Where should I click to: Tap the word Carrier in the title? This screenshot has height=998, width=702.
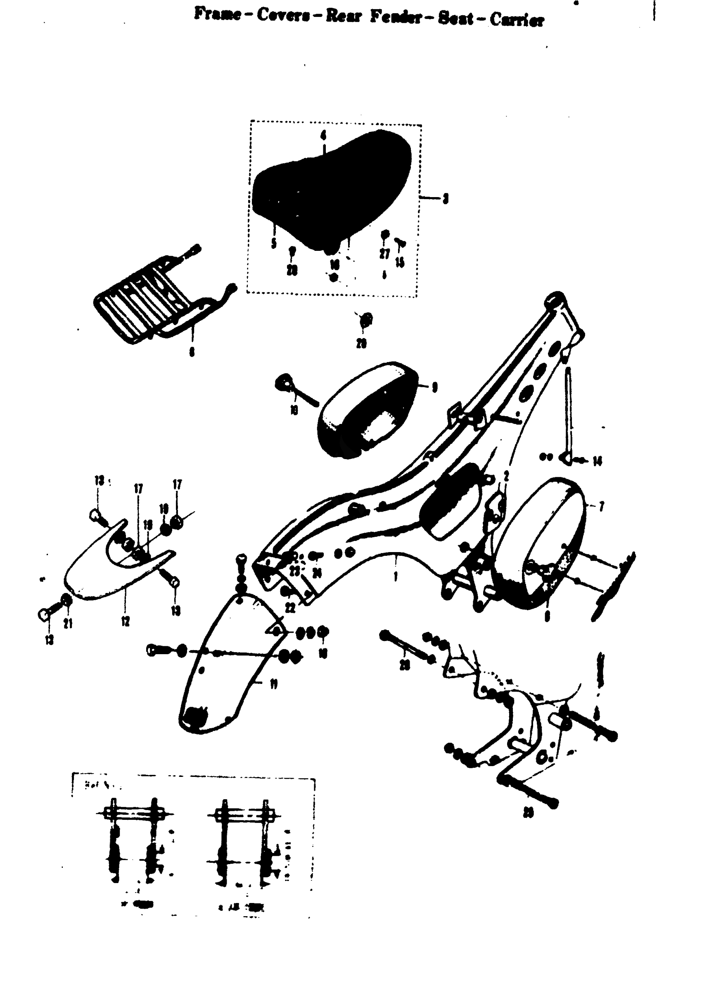coord(517,20)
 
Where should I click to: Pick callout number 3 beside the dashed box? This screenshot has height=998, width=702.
coord(445,199)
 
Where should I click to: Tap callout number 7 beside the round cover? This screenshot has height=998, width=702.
coord(601,506)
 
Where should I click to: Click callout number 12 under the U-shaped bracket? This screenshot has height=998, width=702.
coord(126,622)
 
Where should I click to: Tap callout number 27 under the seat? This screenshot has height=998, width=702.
coord(384,253)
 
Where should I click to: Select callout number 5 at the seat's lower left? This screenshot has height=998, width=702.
coord(274,243)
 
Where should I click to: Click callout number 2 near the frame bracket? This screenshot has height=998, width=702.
coord(506,476)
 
